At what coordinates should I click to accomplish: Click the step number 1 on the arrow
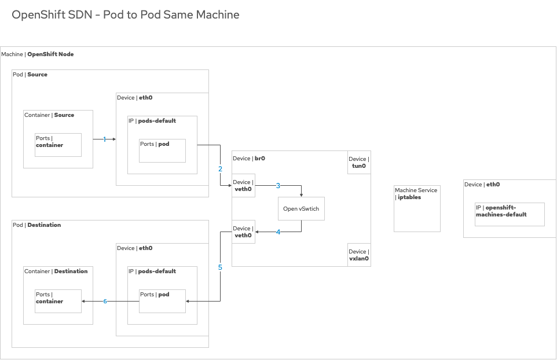pos(105,139)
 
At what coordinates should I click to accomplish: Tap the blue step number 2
pos(220,169)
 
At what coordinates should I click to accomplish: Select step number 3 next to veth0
pos(278,186)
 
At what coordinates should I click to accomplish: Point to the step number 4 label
pos(278,232)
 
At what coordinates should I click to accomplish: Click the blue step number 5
pos(220,267)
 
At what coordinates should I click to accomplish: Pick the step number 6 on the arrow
pos(105,302)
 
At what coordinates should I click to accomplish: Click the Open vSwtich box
pos(301,208)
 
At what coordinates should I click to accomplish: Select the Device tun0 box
pos(359,163)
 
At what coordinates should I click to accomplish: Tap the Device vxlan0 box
pos(359,255)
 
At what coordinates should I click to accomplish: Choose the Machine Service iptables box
pos(417,208)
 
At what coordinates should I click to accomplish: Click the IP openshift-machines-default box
pos(510,214)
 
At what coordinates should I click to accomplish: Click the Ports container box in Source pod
pos(58,145)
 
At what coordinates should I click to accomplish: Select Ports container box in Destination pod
pos(58,301)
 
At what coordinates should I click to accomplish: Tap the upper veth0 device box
pos(243,185)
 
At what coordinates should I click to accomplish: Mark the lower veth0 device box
pos(243,232)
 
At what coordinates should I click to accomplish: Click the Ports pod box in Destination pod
pos(162,301)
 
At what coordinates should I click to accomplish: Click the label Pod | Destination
pos(37,225)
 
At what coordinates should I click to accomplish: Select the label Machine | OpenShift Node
pos(38,54)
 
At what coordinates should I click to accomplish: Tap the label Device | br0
pos(249,158)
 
